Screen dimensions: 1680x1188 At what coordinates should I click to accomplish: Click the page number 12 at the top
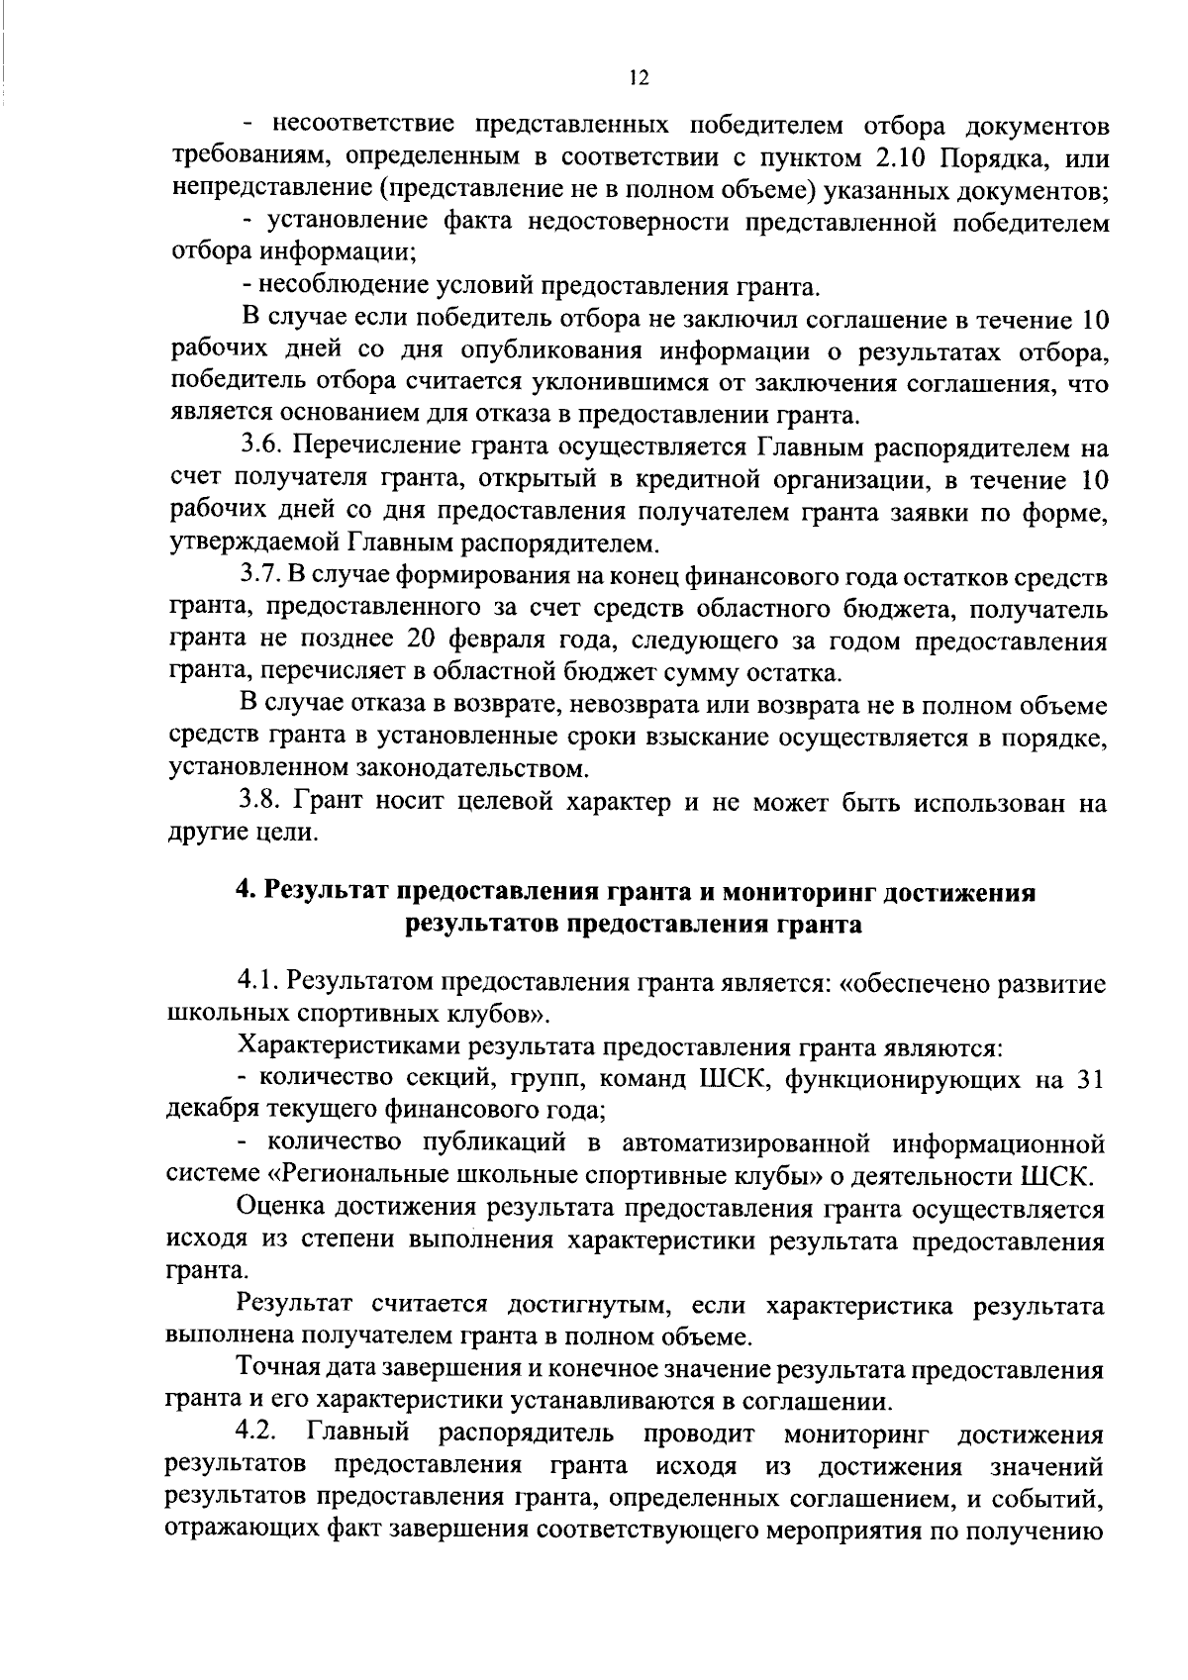[x=639, y=78]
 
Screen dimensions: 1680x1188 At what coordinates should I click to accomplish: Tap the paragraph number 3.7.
[x=261, y=577]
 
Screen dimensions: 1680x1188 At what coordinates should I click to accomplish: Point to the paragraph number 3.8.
[x=262, y=802]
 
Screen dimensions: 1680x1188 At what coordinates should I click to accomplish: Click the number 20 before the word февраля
[x=451, y=642]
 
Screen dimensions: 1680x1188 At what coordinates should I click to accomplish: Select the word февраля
[x=518, y=642]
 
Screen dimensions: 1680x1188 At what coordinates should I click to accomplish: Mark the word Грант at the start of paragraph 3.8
[x=329, y=802]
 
